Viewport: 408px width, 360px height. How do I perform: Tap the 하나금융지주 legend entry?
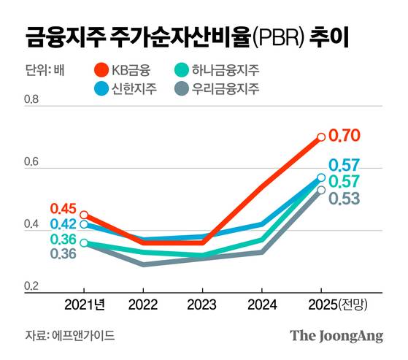click(220, 71)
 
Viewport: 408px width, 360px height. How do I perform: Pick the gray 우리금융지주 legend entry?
click(220, 89)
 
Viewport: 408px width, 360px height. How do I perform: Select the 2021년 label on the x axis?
click(85, 304)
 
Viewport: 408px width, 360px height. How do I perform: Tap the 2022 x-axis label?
click(143, 304)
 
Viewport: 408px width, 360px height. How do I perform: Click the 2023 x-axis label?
click(202, 304)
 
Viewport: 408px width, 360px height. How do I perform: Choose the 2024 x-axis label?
click(261, 304)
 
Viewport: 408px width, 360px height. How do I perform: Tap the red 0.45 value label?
click(63, 209)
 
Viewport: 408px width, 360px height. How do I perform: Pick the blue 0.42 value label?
click(63, 224)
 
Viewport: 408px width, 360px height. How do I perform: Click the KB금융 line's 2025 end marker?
click(321, 137)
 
